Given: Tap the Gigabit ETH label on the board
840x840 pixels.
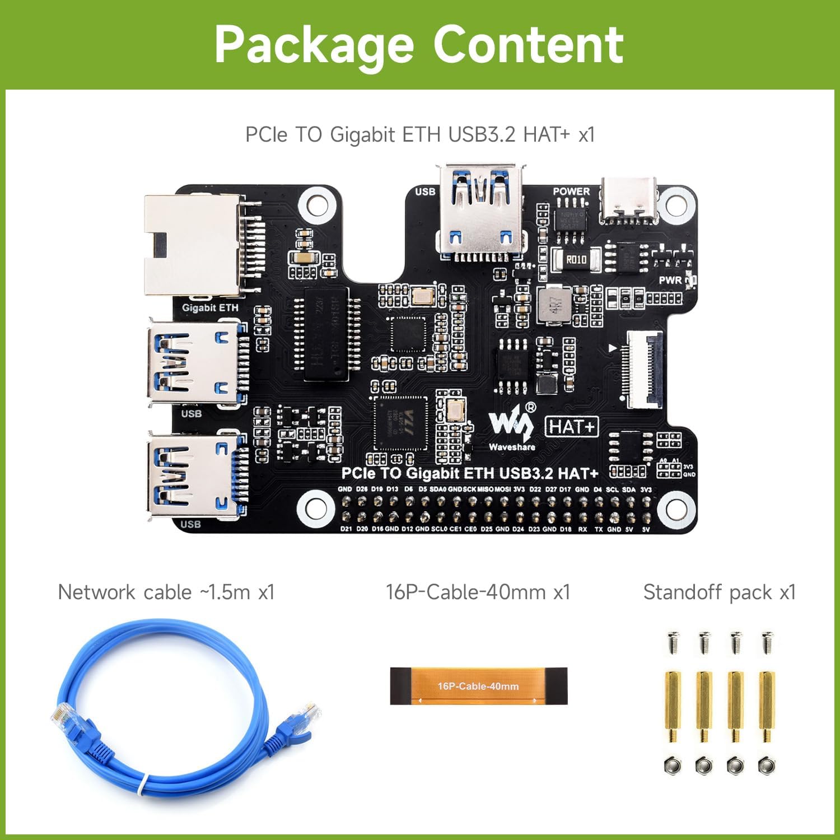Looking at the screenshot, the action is pyautogui.click(x=210, y=307).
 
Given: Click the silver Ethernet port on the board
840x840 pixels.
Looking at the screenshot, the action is pyautogui.click(x=193, y=245).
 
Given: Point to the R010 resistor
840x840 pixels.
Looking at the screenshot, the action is pyautogui.click(x=576, y=259).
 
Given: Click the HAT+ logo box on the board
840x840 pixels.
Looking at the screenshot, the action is pyautogui.click(x=572, y=427).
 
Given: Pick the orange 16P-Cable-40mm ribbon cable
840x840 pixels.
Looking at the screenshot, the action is pyautogui.click(x=478, y=686).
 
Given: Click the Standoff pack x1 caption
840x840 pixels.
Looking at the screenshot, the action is pyautogui.click(x=719, y=592).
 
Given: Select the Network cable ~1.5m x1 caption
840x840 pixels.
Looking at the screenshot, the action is pyautogui.click(x=166, y=592).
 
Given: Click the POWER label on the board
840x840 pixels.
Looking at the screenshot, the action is pyautogui.click(x=571, y=191).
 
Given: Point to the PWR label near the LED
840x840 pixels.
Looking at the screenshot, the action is pyautogui.click(x=670, y=280).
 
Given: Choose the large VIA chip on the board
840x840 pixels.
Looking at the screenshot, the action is pyautogui.click(x=400, y=423).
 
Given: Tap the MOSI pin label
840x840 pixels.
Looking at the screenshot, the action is pyautogui.click(x=502, y=489).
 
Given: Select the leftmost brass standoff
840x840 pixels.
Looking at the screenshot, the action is pyautogui.click(x=672, y=707).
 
